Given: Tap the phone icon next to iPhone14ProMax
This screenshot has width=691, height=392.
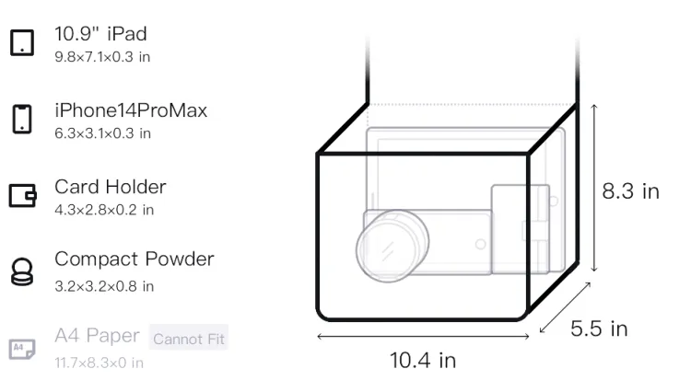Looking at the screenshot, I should click(x=22, y=120).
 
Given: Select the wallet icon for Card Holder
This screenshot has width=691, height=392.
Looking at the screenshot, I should click(x=22, y=195).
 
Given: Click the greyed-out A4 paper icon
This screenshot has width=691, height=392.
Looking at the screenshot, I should click(x=22, y=348).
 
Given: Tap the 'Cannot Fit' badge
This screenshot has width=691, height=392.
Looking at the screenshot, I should click(x=189, y=339).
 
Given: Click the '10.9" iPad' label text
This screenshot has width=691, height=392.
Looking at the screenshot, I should click(x=100, y=34).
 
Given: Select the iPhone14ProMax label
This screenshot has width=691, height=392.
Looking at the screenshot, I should click(x=130, y=110).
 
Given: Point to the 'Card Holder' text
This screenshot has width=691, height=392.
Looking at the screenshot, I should click(x=110, y=187).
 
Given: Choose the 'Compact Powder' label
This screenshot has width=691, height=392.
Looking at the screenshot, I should click(x=134, y=259).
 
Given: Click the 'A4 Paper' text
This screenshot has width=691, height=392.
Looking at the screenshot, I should click(x=97, y=335).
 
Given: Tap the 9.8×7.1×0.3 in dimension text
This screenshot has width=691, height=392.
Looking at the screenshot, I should click(x=102, y=57).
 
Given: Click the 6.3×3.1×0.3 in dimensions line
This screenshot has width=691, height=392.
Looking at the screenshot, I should click(x=102, y=133).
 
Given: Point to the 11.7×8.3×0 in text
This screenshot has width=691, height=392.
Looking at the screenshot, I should click(x=99, y=362).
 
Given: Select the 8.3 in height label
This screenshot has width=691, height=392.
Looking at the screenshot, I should click(x=630, y=191).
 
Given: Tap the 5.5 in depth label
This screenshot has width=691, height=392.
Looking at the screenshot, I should click(x=599, y=329).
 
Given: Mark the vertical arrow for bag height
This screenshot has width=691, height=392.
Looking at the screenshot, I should click(x=594, y=188).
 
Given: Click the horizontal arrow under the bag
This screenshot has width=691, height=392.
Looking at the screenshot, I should click(x=423, y=337).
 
